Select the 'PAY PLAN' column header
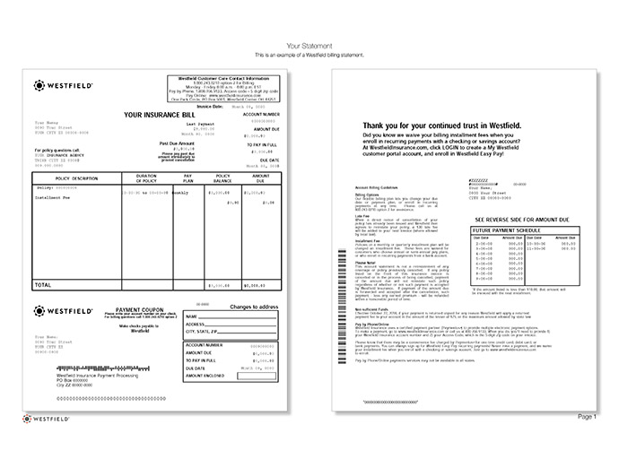[188, 178]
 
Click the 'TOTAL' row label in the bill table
[43, 284]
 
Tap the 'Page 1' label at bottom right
[586, 417]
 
